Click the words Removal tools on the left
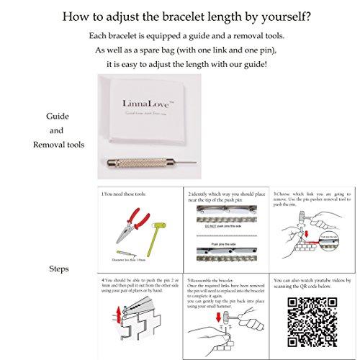tap(59, 144)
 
